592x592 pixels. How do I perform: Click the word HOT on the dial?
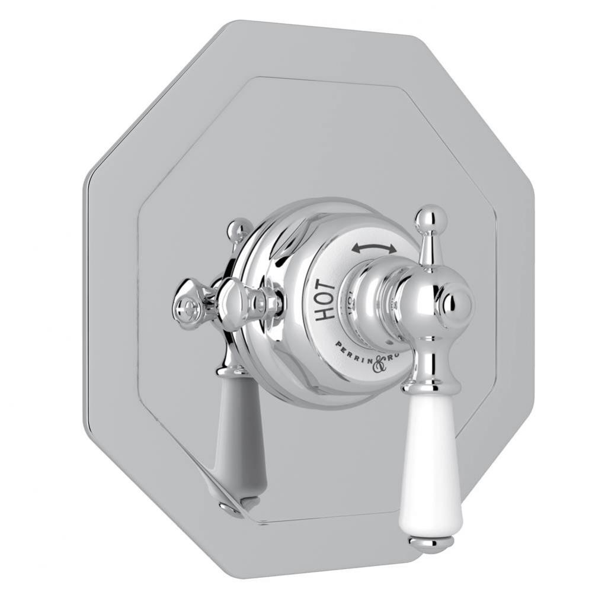pyautogui.click(x=325, y=301)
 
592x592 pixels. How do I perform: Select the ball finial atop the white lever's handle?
pyautogui.click(x=431, y=218)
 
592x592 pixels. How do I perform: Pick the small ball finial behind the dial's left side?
pyautogui.click(x=240, y=229)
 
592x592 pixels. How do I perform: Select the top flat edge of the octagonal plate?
pyautogui.click(x=320, y=27)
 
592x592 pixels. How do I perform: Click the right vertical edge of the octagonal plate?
pyautogui.click(x=529, y=296)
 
